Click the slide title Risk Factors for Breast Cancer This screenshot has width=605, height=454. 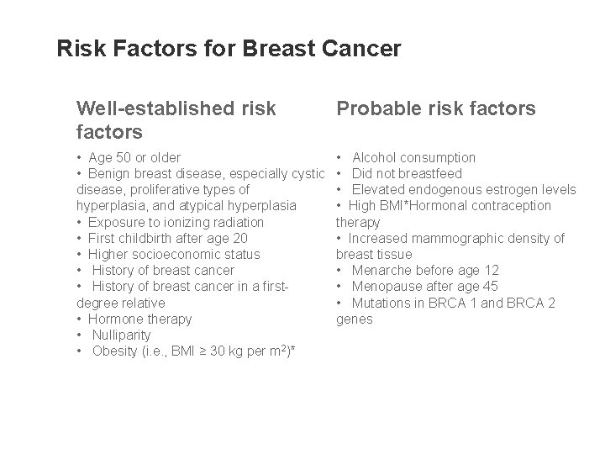tap(229, 49)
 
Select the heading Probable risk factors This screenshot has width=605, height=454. tap(435, 108)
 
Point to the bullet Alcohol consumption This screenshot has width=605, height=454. tap(413, 157)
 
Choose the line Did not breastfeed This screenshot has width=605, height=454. tap(407, 173)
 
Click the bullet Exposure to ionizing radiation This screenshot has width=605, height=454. tap(177, 222)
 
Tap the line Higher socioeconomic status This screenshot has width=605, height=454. tap(176, 254)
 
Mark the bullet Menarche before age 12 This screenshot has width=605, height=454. tap(425, 270)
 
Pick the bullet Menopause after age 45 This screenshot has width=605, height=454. tap(425, 286)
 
